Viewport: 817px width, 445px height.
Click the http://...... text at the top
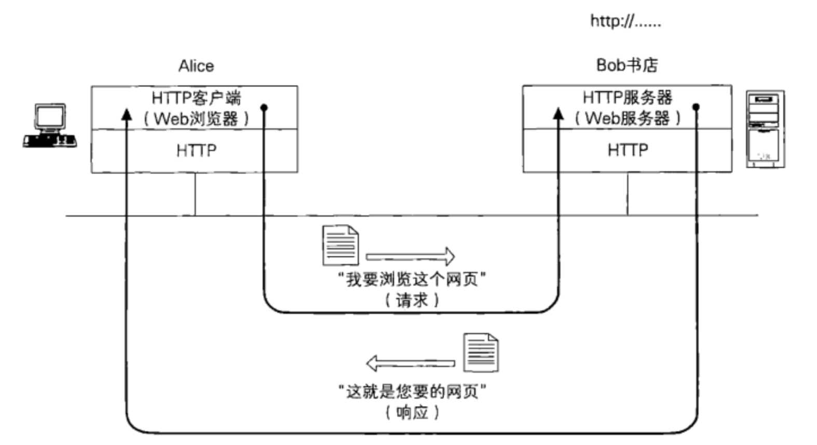tap(625, 21)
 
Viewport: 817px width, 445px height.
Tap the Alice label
tap(196, 66)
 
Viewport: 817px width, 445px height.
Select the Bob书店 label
tap(627, 65)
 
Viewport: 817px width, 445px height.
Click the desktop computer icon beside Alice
tap(50, 126)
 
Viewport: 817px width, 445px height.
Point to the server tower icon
tap(765, 129)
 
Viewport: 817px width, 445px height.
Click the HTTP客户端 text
tap(196, 98)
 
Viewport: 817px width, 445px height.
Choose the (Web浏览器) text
tap(196, 119)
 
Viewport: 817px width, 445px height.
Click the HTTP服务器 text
tap(627, 97)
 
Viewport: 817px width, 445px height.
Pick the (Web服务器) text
tap(627, 118)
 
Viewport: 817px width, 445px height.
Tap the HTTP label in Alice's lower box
tap(196, 150)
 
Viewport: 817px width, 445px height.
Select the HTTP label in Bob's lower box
tap(628, 150)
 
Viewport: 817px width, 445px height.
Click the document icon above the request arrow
tap(341, 245)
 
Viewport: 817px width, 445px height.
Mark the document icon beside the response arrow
tap(481, 353)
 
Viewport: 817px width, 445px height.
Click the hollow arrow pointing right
tap(410, 256)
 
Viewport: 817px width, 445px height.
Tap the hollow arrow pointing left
tap(410, 363)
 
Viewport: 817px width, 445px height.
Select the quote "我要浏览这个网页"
tap(412, 280)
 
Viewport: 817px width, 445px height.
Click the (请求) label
tap(412, 300)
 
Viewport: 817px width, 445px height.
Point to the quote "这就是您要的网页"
tap(412, 392)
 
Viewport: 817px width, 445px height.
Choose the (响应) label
tap(412, 413)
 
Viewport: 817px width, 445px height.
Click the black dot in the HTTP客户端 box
tap(264, 108)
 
